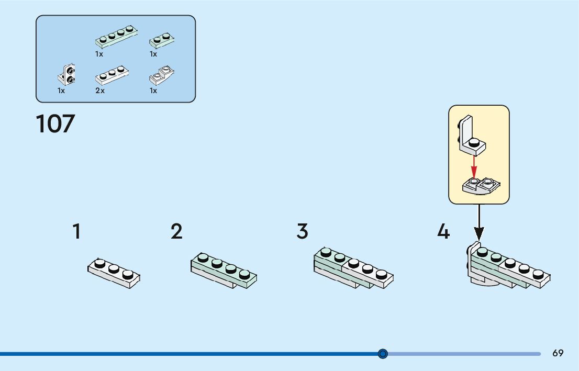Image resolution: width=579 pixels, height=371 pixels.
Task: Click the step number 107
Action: point(55,124)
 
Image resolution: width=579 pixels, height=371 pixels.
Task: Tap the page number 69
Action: point(558,353)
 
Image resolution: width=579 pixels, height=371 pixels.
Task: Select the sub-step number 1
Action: point(76,231)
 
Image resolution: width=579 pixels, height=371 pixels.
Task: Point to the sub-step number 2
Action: point(176,231)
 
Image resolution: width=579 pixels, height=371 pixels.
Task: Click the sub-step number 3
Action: point(302,231)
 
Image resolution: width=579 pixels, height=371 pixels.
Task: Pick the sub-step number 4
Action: point(443,231)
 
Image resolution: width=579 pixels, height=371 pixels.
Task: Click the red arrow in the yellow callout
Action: point(474,166)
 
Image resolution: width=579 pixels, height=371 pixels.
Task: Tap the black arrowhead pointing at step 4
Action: point(478,234)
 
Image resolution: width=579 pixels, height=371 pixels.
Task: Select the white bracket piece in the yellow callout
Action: point(471,136)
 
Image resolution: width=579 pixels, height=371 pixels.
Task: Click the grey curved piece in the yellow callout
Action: point(481,185)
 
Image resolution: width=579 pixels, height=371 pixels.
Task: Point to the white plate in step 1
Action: point(114,273)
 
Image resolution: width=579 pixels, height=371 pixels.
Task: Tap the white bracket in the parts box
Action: point(66,75)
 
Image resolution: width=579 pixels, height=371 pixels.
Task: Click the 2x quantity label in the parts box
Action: point(99,91)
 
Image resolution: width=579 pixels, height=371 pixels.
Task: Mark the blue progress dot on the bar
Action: point(383,354)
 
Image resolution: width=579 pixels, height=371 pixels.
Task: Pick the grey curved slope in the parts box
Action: point(162,76)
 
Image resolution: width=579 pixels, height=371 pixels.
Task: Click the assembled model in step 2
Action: point(224,270)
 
